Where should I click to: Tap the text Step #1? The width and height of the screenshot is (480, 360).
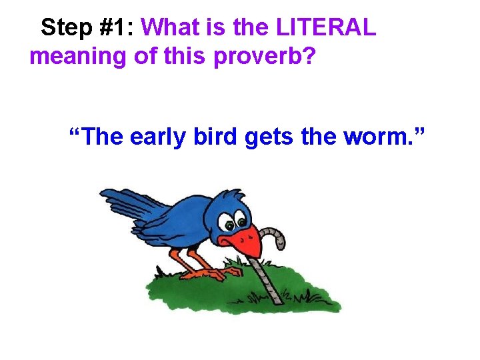pos(88,27)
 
